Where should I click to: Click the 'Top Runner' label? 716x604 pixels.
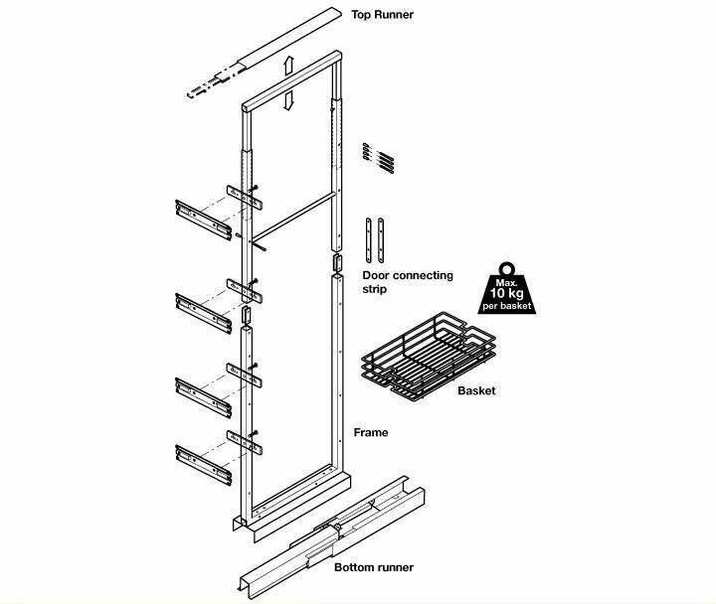382,15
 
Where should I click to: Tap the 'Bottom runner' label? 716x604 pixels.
374,567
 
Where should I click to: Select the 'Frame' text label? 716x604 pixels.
371,432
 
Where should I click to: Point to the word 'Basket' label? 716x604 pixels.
476,391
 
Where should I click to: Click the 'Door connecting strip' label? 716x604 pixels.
408,282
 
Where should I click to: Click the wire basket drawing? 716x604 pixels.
428,357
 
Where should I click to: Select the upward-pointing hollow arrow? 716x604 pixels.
288,66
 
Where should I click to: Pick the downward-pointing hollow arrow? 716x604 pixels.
287,100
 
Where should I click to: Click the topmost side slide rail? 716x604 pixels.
203,220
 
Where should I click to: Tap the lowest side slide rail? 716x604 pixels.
203,465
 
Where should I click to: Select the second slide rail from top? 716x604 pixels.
203,313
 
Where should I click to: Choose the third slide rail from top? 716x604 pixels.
203,397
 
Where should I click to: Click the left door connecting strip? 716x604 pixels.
369,240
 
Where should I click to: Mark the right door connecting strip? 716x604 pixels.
381,240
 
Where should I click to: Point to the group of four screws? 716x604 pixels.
379,158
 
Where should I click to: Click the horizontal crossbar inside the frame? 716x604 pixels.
294,216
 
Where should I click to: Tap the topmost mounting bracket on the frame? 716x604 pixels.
245,197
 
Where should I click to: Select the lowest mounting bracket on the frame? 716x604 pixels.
245,442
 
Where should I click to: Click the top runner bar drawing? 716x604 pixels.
265,53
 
